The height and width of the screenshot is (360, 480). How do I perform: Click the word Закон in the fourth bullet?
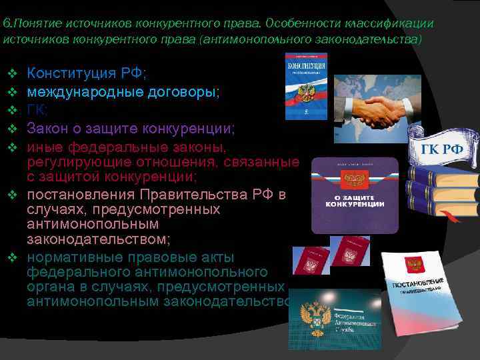[47, 127]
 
